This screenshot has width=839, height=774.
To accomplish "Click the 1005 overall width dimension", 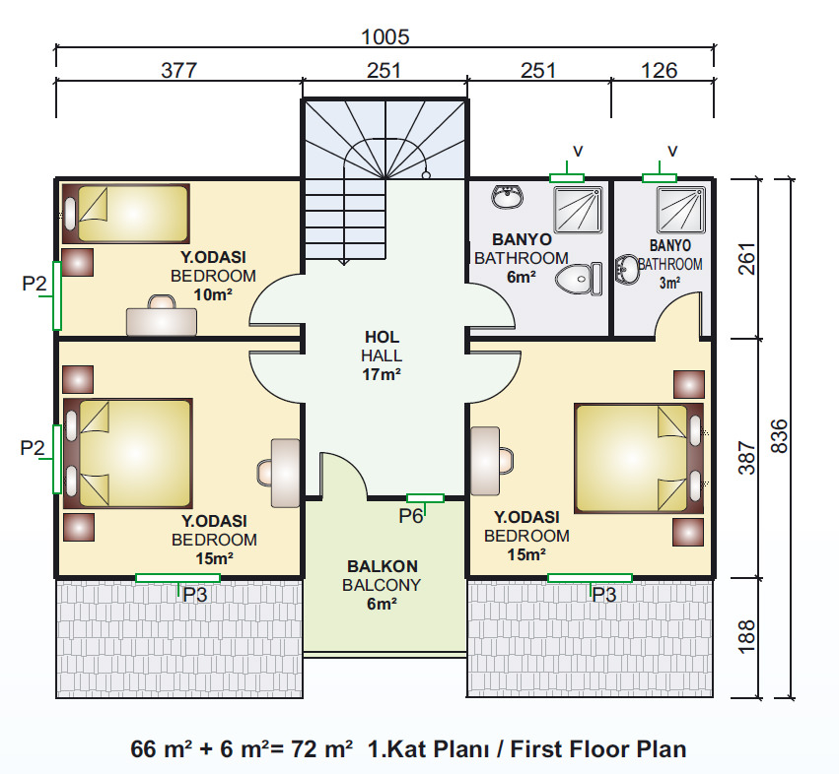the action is pos(385,36).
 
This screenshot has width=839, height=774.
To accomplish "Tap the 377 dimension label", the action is pos(179,70).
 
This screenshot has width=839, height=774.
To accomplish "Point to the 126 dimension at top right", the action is pos(660,70).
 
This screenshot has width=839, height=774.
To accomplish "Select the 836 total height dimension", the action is pos(780,436).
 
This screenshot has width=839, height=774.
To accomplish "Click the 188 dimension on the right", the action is pos(747,636).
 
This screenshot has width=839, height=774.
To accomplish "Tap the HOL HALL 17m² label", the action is pos(382,356).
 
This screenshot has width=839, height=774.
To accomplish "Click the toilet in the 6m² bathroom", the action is pos(579,279).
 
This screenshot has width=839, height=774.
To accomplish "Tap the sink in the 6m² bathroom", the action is pos(507,197).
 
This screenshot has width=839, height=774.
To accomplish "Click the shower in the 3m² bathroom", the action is pos(681,210).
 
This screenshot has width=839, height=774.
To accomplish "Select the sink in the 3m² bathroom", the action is pos(627,269).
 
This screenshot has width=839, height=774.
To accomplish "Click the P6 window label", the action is pos(411,516).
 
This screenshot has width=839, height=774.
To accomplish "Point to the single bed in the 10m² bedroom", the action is pos(126,214).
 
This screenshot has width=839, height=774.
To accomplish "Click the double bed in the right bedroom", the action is pos(639,459).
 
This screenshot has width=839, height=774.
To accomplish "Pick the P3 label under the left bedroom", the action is pos(195,595).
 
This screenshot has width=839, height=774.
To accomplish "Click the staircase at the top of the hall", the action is pos(385,180).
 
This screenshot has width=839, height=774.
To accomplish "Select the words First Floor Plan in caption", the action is pos(598,749).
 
